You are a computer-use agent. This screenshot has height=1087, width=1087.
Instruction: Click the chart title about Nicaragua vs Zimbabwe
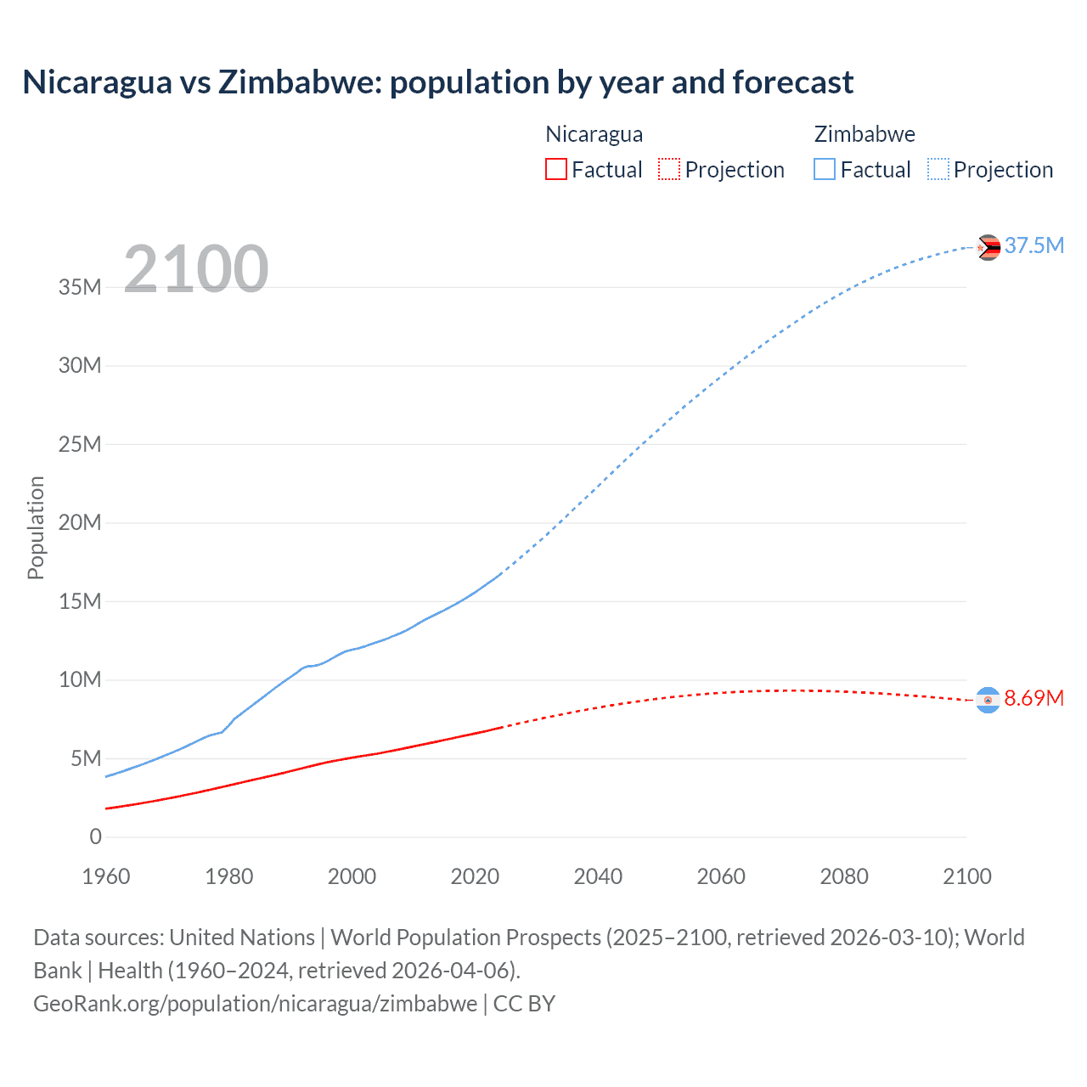pos(437,82)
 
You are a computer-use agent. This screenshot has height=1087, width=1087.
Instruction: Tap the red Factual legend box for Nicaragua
pos(555,169)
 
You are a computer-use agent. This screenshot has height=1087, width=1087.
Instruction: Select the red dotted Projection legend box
pos(669,169)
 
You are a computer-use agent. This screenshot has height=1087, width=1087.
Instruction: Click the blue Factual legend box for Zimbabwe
pos(825,169)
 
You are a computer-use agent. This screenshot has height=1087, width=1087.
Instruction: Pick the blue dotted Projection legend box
pos(938,169)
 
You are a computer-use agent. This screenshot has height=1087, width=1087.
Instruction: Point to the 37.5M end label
pos(1033,245)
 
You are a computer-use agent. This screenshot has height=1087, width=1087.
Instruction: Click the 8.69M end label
pos(1033,698)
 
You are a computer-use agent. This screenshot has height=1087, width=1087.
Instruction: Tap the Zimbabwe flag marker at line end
pos(988,247)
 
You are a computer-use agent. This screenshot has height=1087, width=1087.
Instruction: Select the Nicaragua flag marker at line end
pos(988,700)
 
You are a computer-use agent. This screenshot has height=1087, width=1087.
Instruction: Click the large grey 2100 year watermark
pos(196,269)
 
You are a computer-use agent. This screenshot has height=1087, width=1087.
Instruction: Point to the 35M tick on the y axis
pos(80,287)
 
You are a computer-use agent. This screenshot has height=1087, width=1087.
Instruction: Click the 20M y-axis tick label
pos(80,522)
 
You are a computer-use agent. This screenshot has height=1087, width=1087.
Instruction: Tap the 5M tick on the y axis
pos(86,758)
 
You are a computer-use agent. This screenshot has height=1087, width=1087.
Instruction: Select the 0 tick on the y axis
pos(95,836)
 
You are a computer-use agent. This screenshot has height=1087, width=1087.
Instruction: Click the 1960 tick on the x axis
pos(106,876)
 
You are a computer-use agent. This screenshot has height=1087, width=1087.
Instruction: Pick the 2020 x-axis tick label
pos(475,876)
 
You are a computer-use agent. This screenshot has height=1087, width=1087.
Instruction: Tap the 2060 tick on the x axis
pos(721,876)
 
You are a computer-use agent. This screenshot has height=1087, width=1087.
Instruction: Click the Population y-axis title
pos(36,527)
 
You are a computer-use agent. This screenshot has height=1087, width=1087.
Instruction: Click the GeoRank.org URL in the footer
pos(255,1003)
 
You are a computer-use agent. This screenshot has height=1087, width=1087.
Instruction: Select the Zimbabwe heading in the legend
pos(865,134)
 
